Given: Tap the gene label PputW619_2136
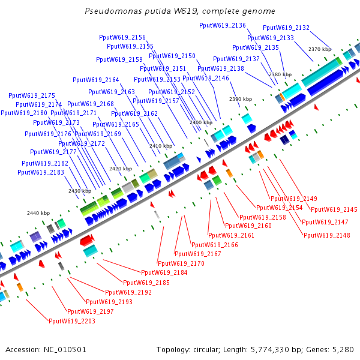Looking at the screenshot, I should click(x=223, y=25).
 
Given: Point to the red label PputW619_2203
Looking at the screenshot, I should click(x=72, y=321).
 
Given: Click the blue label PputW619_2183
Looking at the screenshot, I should click(x=41, y=172).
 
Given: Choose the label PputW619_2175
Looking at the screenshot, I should click(x=32, y=95).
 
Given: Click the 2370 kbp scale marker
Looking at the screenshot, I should click(x=320, y=49).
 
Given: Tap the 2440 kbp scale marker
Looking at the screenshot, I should click(x=38, y=213).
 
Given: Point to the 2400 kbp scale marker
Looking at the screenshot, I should click(x=200, y=122).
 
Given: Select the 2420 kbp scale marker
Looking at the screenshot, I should click(x=120, y=169).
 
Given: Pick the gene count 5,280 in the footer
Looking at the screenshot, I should click(x=342, y=349).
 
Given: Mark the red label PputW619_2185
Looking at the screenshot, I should click(x=146, y=282).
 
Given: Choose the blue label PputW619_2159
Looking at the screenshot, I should click(x=119, y=59).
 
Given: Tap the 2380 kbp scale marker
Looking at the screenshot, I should click(x=280, y=74).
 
